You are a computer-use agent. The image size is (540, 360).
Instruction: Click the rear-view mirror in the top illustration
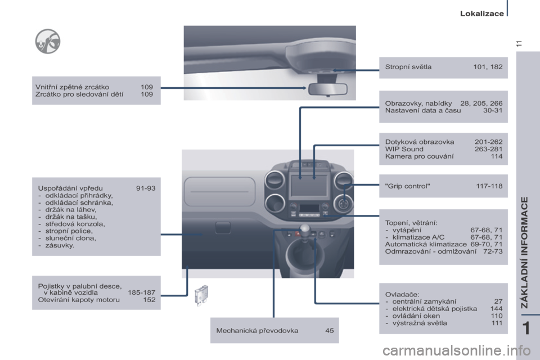tap(327, 89)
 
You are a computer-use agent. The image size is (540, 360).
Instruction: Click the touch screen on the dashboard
tap(308, 184)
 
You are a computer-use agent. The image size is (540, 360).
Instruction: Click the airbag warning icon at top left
tap(47, 41)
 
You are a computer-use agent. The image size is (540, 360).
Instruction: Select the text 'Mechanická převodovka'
tap(257, 330)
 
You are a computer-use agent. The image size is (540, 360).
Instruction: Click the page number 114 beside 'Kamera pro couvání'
tap(496, 157)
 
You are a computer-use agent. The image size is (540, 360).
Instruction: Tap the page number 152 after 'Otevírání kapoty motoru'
tap(149, 300)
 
